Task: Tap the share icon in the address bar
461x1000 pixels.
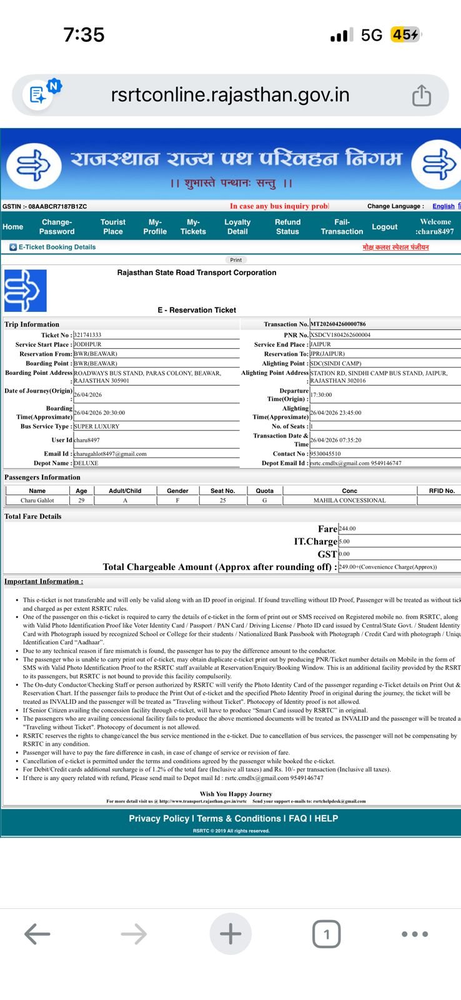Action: (422, 96)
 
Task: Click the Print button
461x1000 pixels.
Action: (235, 260)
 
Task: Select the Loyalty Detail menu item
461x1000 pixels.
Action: (237, 227)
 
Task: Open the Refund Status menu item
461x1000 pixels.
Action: (287, 227)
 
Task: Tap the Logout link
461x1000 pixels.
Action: (384, 227)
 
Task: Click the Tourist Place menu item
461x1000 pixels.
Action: (113, 227)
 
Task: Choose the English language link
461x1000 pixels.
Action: (443, 206)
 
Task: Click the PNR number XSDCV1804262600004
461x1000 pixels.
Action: (340, 335)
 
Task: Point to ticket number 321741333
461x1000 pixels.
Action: (87, 335)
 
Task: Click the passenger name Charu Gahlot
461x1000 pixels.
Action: (37, 501)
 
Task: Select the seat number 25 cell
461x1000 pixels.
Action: (222, 501)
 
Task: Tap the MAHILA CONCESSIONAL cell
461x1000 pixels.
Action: (350, 501)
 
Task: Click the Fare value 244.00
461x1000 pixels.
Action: (347, 529)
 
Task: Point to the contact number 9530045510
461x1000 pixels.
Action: (325, 454)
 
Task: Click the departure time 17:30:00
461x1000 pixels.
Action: (321, 395)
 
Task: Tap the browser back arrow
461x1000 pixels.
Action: (37, 934)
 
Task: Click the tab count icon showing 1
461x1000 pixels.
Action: (326, 934)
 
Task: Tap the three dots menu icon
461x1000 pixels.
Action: (415, 934)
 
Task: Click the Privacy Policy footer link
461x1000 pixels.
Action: (159, 819)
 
